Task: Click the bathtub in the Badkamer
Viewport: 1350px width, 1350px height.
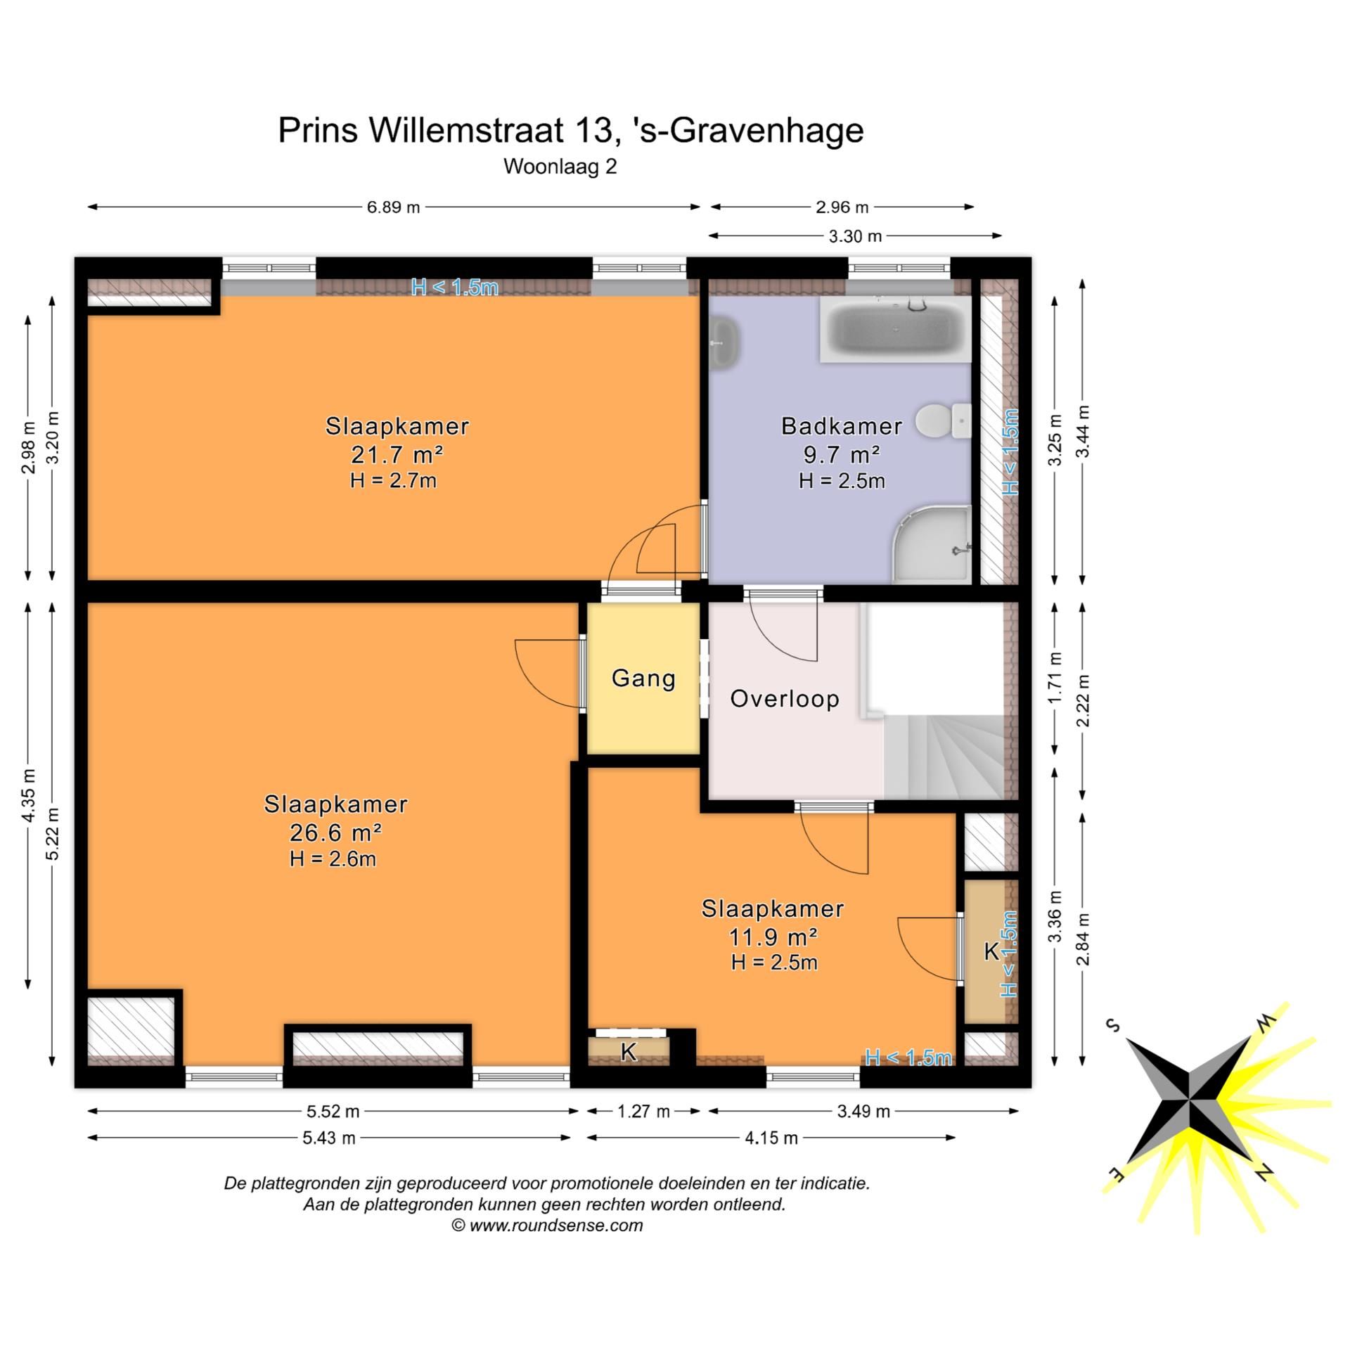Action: click(x=894, y=329)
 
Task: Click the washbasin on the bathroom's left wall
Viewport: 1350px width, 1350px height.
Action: click(x=723, y=343)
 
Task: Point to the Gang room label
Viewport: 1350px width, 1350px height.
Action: click(x=643, y=679)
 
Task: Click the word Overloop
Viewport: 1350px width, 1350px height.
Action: click(x=785, y=699)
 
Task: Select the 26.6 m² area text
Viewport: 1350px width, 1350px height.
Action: click(x=335, y=833)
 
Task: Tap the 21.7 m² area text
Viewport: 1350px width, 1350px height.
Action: click(x=397, y=455)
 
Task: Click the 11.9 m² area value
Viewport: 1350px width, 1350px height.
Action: click(x=773, y=937)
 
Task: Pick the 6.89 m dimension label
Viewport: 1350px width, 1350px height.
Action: click(x=393, y=207)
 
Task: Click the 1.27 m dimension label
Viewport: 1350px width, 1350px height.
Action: click(x=643, y=1112)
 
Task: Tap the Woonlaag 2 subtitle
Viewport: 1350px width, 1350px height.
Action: click(x=560, y=167)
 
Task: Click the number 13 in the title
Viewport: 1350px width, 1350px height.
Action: click(x=591, y=131)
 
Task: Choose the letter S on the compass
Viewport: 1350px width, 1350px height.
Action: click(x=1113, y=1024)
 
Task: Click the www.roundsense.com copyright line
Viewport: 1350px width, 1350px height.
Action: click(x=547, y=1226)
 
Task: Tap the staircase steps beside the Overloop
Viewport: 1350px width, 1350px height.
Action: click(x=942, y=756)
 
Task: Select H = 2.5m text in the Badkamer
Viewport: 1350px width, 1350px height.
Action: click(x=842, y=482)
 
